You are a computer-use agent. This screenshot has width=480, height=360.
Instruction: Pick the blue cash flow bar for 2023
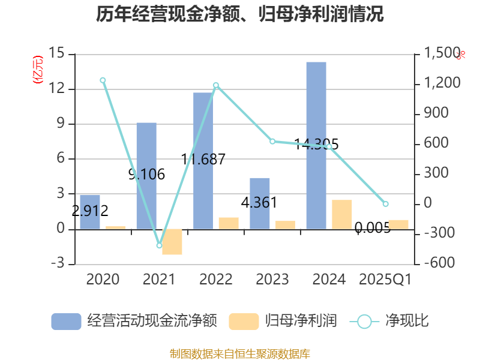coord(259,203)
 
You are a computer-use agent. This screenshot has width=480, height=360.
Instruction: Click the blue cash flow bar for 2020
coord(90,212)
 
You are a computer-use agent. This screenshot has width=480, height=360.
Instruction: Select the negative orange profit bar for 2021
coord(172,242)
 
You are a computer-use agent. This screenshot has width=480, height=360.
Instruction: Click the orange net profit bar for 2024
coord(342,214)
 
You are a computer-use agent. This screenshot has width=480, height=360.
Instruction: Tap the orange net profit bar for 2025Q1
coord(398,224)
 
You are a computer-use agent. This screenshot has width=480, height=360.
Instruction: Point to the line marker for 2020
coord(103,80)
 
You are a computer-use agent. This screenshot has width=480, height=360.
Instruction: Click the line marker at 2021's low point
coord(159,245)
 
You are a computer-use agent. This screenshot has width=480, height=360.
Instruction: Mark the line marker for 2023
coord(272,142)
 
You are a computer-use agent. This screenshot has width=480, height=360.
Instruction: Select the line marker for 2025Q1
coord(386,204)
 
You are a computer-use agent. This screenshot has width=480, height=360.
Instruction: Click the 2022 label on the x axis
coord(216,280)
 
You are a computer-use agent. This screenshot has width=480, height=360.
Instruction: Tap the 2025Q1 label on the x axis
coord(385,280)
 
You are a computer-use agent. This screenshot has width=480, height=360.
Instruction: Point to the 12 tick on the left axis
coord(59,89)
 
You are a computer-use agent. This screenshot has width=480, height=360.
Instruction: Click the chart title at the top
coord(240,14)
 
